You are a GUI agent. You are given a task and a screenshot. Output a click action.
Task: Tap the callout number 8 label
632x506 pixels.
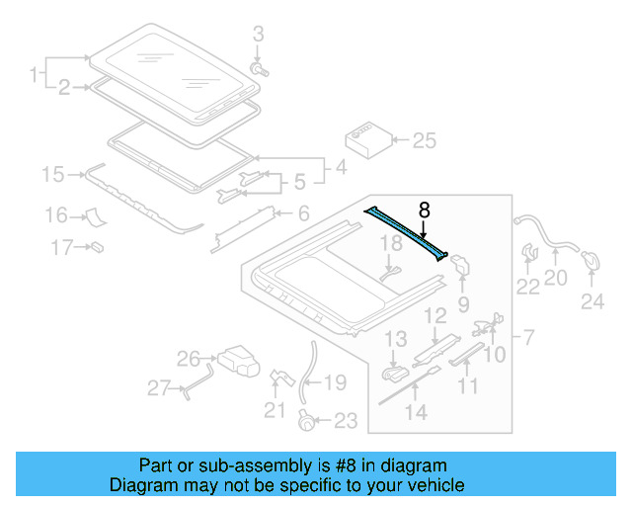coord(424,210)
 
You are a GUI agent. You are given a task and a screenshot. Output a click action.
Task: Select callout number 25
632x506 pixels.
coord(424,141)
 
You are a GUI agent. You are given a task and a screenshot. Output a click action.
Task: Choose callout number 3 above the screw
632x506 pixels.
coord(259,36)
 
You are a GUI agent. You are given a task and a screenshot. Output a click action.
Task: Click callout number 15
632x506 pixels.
coord(51,176)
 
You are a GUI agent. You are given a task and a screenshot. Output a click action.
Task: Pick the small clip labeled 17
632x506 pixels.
coord(98,245)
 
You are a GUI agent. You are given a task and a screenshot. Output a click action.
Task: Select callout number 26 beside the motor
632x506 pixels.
coord(188,358)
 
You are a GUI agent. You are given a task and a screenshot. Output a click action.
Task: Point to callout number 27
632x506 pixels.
coord(158,389)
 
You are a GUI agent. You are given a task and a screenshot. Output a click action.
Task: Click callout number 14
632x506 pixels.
coord(418,413)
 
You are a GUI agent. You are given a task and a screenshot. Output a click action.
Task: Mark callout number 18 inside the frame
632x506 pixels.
coord(390,243)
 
